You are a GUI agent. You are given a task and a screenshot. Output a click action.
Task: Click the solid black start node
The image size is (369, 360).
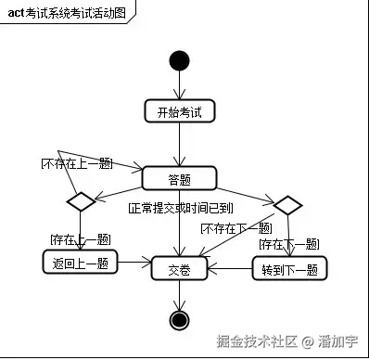pyautogui.click(x=179, y=61)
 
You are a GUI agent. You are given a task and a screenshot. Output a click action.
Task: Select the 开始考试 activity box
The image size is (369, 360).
pyautogui.click(x=179, y=111)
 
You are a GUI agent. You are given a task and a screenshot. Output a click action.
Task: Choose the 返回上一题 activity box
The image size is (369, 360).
pyautogui.click(x=80, y=264)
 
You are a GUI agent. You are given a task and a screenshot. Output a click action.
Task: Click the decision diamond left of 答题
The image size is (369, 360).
pyautogui.click(x=78, y=201)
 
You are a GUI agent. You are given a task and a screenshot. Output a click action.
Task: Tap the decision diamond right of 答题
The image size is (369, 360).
pyautogui.click(x=287, y=204)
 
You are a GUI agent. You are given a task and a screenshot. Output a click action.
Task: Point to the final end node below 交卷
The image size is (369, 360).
pyautogui.click(x=179, y=320)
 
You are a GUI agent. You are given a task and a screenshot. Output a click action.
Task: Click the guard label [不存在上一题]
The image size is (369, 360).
pyautogui.click(x=75, y=163)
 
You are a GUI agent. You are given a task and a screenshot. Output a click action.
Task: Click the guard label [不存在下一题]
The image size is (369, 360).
pyautogui.click(x=235, y=227)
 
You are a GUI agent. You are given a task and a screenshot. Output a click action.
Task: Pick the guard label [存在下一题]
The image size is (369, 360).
pyautogui.click(x=287, y=243)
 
